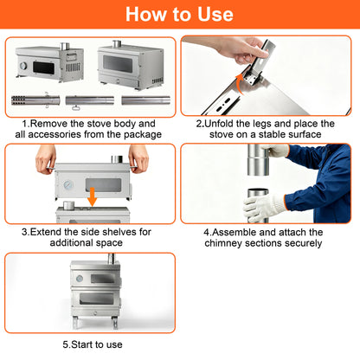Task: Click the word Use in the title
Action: tap(215, 14)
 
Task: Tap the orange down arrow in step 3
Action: tap(93, 196)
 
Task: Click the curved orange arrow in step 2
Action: tap(240, 84)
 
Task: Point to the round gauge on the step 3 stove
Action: tap(68, 184)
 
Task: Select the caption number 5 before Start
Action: tap(66, 344)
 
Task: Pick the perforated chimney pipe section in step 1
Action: tap(35, 100)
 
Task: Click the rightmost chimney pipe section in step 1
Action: tap(145, 100)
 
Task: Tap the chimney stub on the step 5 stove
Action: tap(111, 258)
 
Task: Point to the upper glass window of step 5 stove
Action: tap(102, 279)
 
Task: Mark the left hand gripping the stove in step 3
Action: tap(46, 158)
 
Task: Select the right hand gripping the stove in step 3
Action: tap(138, 158)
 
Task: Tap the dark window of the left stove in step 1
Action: tap(43, 67)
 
